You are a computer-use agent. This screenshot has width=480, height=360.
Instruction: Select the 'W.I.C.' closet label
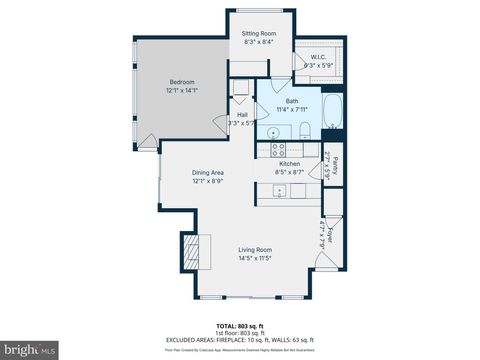click(x=319, y=56)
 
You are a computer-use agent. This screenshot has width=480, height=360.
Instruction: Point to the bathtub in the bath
click(x=333, y=113)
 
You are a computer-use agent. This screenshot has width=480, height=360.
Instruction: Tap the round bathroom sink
click(x=271, y=131)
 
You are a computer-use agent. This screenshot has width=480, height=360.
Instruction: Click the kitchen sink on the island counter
click(x=281, y=191)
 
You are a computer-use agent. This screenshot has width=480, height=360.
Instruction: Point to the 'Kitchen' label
click(x=290, y=163)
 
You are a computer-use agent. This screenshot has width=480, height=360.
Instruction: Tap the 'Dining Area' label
click(x=208, y=172)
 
